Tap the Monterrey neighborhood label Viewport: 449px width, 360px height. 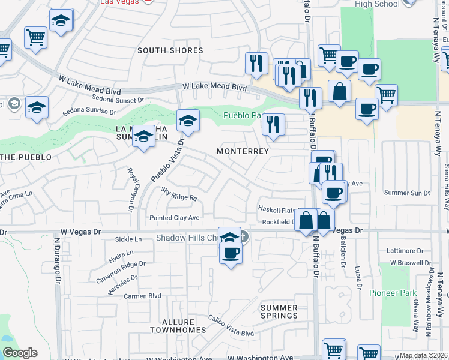(243, 151)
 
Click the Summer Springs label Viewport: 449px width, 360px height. (279, 311)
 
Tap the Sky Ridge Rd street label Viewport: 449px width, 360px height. (179, 193)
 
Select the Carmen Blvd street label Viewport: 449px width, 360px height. (142, 296)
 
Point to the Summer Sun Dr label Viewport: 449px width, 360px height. (407, 193)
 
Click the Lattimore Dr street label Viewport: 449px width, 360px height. (410, 249)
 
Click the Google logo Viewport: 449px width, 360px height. (20, 353)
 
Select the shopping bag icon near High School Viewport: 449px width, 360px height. (340, 92)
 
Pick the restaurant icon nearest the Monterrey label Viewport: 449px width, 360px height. (273, 125)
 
